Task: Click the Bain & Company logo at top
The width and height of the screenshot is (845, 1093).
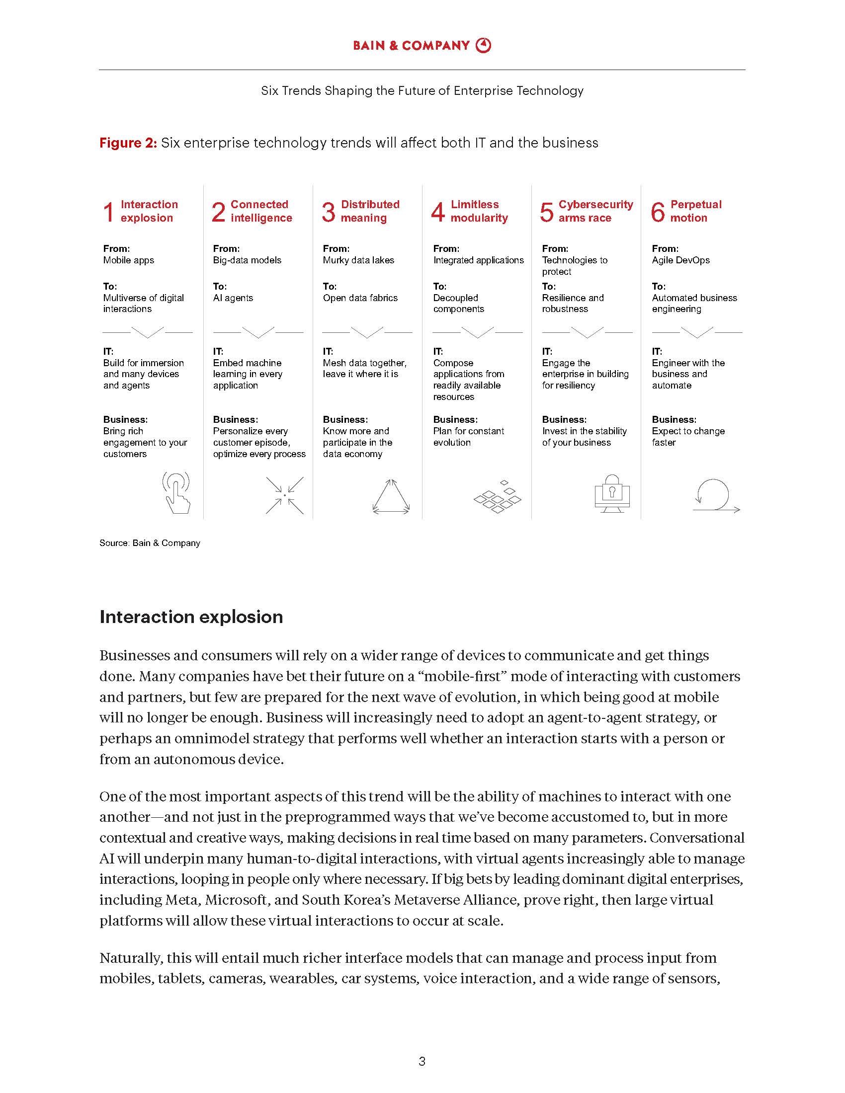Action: pos(422,46)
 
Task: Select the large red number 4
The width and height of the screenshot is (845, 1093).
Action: pos(438,212)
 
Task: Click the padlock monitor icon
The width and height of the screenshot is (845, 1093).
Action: pos(612,493)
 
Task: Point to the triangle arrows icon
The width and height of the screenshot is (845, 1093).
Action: pos(391,496)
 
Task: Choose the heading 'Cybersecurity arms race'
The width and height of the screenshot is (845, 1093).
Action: pos(595,211)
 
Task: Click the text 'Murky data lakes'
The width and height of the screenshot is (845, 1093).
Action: pos(358,260)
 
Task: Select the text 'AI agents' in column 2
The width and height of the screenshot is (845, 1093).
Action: pos(233,298)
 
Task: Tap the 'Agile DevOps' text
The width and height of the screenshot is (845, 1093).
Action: pos(680,260)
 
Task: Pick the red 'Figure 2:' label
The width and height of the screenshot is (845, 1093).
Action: pos(128,143)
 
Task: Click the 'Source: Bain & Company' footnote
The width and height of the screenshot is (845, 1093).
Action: pos(150,543)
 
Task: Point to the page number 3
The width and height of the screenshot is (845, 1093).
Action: pos(422,1062)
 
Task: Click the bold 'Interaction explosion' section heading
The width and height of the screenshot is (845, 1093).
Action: pos(191,617)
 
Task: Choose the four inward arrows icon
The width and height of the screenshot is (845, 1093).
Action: pos(284,495)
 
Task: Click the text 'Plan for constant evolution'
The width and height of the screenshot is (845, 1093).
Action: pos(468,437)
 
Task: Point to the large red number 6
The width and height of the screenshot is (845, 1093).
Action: pos(657,212)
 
